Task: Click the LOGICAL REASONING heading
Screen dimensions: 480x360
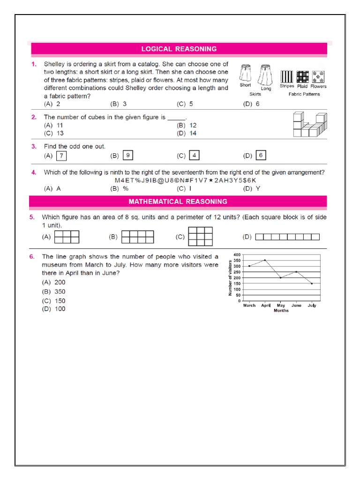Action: pyautogui.click(x=179, y=49)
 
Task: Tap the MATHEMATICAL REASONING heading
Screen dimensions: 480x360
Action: pyautogui.click(x=178, y=202)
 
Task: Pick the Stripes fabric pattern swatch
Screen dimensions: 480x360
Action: pyautogui.click(x=286, y=76)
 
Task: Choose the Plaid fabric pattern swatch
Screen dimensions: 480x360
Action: pyautogui.click(x=302, y=76)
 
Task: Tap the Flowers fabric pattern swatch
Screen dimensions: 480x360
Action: pyautogui.click(x=318, y=76)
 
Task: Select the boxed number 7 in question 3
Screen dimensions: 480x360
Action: pyautogui.click(x=61, y=156)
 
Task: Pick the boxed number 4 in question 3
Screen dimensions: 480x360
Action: pyautogui.click(x=194, y=156)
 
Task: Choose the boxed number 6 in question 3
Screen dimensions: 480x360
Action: pyautogui.click(x=261, y=156)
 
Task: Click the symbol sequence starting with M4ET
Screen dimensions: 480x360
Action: pyautogui.click(x=186, y=180)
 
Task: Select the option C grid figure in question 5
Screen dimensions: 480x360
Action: pyautogui.click(x=200, y=236)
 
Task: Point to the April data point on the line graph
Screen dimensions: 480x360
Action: pyautogui.click(x=265, y=260)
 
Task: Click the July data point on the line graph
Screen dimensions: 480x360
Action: pyautogui.click(x=312, y=284)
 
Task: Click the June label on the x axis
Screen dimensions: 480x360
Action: pyautogui.click(x=296, y=305)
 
